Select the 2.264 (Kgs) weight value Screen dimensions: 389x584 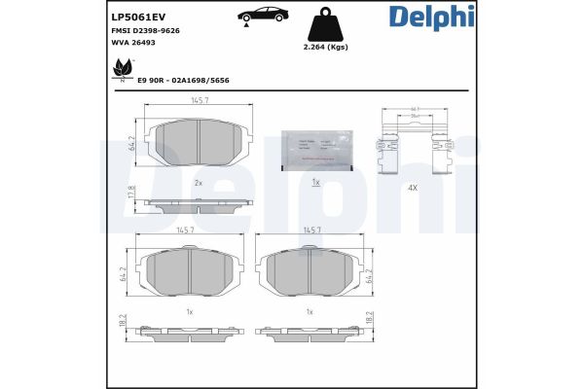[325, 47]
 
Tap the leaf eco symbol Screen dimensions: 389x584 [123, 69]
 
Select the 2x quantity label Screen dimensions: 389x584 [199, 182]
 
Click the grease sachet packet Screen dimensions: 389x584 [315, 148]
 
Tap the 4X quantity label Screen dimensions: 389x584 [414, 187]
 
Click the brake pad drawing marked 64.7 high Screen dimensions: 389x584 [200, 143]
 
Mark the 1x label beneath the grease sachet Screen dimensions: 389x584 [315, 182]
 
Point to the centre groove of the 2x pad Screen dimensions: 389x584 [200, 143]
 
